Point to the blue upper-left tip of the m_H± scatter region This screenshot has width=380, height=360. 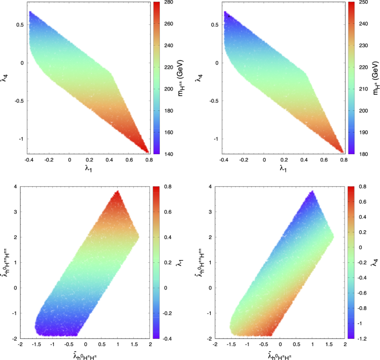click(225, 13)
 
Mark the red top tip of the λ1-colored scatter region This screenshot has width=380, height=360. click(117, 192)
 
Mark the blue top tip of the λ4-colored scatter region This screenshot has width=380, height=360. click(312, 192)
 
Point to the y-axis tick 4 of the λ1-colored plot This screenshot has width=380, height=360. click(16, 187)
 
